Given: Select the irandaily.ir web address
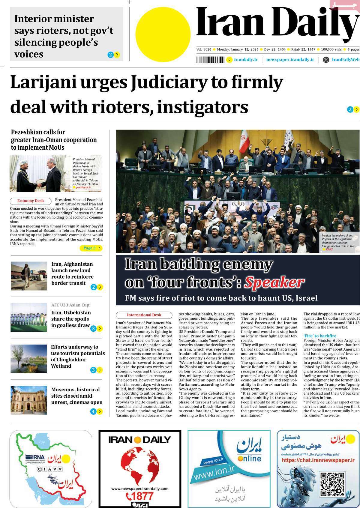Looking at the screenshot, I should point(246,60).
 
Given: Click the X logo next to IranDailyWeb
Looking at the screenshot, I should point(326,60).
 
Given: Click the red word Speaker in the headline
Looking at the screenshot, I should point(274,282).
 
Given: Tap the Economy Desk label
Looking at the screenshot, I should point(30,201).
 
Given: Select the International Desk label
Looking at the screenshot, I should point(144,315).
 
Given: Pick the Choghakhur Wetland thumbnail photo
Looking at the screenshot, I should point(29,358).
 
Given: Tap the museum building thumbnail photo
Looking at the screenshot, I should point(29,400).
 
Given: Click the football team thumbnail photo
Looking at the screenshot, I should point(29,317).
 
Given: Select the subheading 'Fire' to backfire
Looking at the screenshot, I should point(320,336).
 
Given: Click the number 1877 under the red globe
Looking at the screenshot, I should point(139,495).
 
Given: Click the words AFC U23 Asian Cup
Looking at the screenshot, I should point(71,305).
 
